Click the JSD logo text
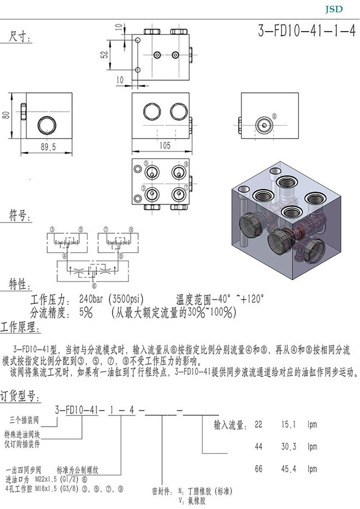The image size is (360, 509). click(334, 9)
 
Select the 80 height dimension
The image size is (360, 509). click(6, 115)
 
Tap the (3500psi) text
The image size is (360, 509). click(126, 300)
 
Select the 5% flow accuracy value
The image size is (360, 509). click(85, 313)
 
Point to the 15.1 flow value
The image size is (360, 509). click(288, 424)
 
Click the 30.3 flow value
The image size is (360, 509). click(288, 447)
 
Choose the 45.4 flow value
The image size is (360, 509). click(288, 469)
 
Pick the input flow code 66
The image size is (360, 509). click(259, 469)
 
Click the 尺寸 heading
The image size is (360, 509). click(21, 37)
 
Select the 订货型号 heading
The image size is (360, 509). click(20, 395)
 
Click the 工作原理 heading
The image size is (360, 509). click(20, 328)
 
